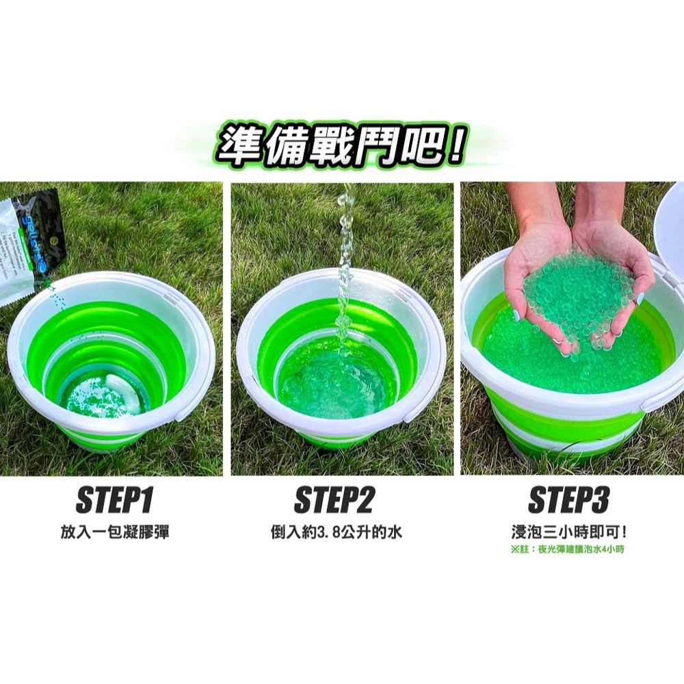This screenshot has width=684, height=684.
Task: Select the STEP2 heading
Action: click(x=334, y=501)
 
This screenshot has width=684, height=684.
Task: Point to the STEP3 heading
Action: click(x=568, y=501)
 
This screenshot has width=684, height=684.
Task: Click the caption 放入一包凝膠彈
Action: click(x=114, y=531)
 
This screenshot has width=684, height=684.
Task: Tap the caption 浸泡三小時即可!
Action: click(x=568, y=531)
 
